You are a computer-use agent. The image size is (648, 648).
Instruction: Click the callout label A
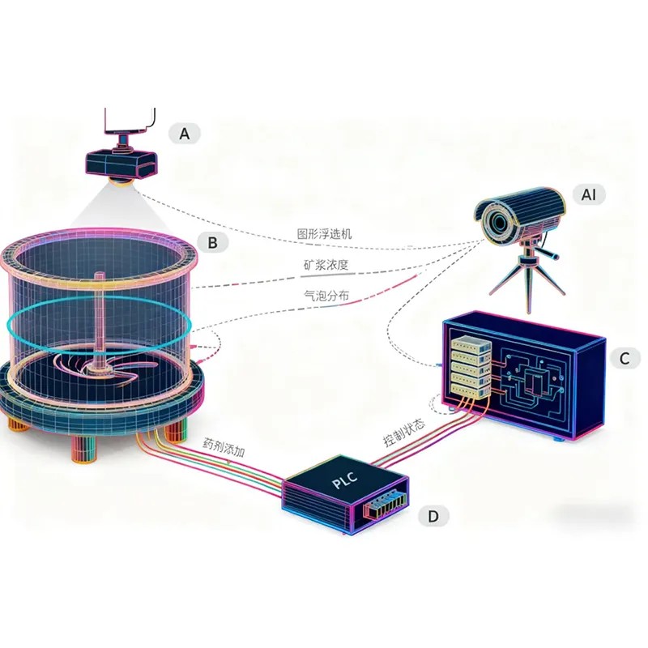185,134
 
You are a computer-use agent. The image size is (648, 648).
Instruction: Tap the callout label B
212,241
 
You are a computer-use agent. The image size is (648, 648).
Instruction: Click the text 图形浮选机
324,235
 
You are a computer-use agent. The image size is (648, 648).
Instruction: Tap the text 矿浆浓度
326,266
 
